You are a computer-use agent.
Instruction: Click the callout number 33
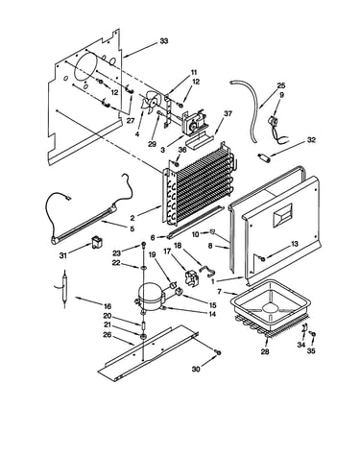click(164, 41)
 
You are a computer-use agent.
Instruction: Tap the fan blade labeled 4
click(149, 102)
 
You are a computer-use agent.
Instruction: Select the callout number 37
click(228, 113)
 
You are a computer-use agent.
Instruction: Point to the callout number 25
click(281, 85)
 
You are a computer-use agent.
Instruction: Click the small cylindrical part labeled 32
click(263, 157)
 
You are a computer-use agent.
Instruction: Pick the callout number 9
click(281, 95)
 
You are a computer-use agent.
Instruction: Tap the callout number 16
click(107, 305)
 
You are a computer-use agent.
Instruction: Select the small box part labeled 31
click(96, 242)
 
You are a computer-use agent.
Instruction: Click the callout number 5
click(132, 228)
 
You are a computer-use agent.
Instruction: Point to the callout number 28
click(265, 351)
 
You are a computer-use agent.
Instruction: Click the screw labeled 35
click(314, 334)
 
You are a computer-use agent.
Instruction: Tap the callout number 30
click(196, 370)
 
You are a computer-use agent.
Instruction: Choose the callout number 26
click(108, 335)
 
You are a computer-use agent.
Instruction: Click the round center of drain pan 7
click(272, 307)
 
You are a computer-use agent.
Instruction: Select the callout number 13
click(294, 244)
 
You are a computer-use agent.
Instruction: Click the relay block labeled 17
click(192, 276)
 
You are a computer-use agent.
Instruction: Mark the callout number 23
click(117, 253)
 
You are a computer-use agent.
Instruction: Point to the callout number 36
click(182, 150)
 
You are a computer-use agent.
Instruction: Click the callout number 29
click(153, 144)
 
